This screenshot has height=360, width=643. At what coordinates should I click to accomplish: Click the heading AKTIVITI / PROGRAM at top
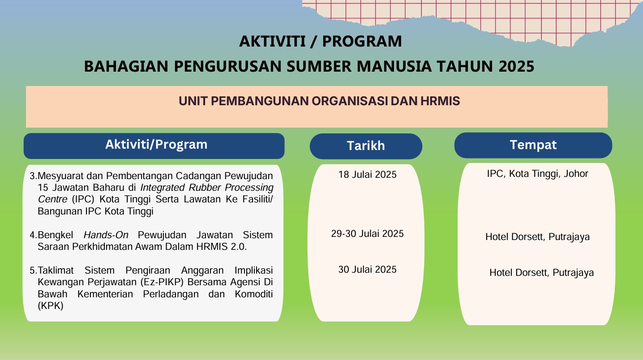(320, 41)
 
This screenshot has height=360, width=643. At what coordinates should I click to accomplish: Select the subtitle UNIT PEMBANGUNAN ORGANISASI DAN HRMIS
(319, 101)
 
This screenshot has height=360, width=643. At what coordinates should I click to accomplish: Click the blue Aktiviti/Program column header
(156, 145)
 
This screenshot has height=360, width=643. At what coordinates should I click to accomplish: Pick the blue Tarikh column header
(365, 146)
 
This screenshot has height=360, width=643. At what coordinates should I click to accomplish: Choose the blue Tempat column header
(533, 145)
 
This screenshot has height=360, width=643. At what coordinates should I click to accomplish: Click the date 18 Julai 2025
(367, 175)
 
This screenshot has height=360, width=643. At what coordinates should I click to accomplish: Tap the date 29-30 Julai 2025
(367, 234)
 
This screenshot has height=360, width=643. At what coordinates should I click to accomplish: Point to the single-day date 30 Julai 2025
(367, 270)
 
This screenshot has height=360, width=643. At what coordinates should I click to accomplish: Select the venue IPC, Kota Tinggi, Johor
(537, 174)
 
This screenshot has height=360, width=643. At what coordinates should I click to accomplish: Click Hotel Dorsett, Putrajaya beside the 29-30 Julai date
(537, 237)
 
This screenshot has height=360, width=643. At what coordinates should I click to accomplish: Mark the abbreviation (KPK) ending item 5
(51, 306)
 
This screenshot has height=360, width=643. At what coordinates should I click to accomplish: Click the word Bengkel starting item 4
(56, 235)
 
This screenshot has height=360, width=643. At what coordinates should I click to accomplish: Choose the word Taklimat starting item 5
(57, 270)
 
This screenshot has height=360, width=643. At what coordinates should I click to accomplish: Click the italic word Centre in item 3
(52, 199)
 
